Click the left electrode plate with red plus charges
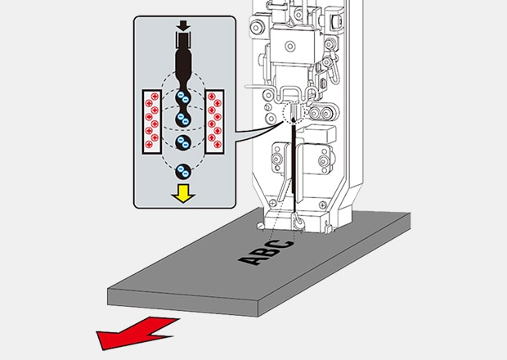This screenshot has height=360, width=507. (x=152, y=121)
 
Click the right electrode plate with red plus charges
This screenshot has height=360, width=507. (x=214, y=121)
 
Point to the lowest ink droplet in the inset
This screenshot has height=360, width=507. (x=183, y=171)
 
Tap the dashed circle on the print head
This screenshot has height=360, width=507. (x=293, y=113)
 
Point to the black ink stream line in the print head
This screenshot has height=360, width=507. (x=291, y=172)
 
